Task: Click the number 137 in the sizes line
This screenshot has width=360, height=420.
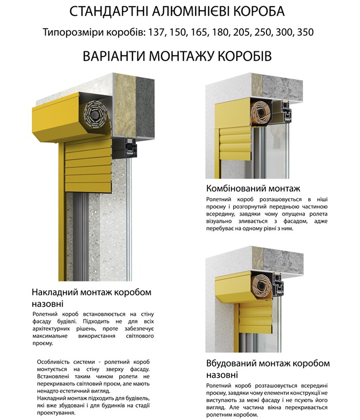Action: [156, 32]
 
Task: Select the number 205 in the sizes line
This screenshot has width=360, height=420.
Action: [241, 32]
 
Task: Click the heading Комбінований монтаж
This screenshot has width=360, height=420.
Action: [253, 188]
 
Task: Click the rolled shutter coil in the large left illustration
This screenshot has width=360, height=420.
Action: [96, 116]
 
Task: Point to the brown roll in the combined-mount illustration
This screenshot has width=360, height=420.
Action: [260, 112]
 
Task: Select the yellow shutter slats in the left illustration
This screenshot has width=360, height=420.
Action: [88, 166]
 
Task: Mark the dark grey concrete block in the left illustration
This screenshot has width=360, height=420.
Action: [145, 108]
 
